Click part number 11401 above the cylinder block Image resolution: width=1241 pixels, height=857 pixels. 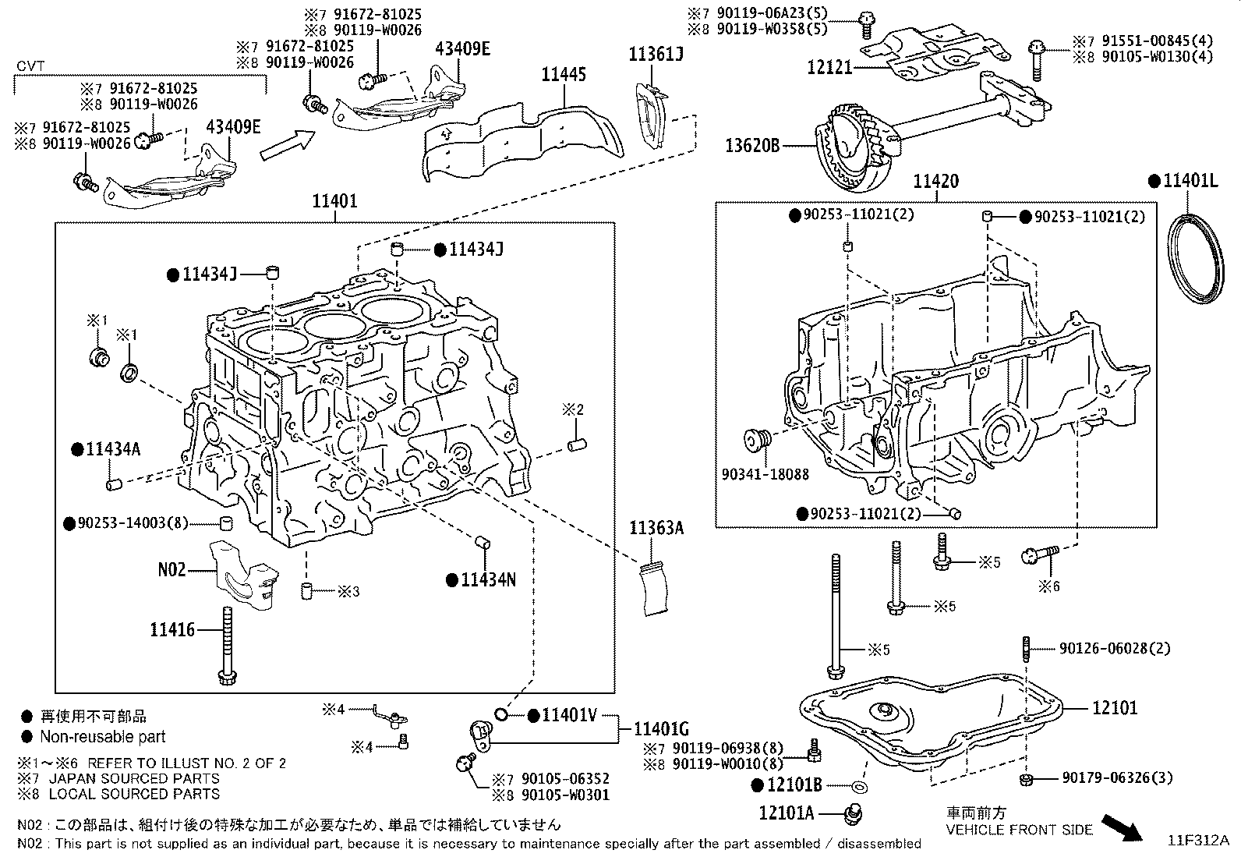pyautogui.click(x=334, y=202)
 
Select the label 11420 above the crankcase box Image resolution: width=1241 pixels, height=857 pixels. pyautogui.click(x=935, y=182)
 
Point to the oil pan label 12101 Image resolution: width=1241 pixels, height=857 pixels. pyautogui.click(x=1114, y=708)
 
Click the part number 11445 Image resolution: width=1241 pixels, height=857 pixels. pyautogui.click(x=564, y=75)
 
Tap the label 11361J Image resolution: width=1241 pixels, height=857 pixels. pyautogui.click(x=656, y=54)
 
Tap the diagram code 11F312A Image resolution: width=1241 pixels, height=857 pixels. pyautogui.click(x=1197, y=841)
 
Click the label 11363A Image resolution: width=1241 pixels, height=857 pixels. pyautogui.click(x=656, y=529)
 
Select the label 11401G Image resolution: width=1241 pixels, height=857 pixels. pyautogui.click(x=661, y=729)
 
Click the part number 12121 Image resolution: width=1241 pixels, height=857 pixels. pyautogui.click(x=829, y=68)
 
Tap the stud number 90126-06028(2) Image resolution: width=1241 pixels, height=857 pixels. pyautogui.click(x=1115, y=649)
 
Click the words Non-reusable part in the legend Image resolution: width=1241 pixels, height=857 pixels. pyautogui.click(x=103, y=737)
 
